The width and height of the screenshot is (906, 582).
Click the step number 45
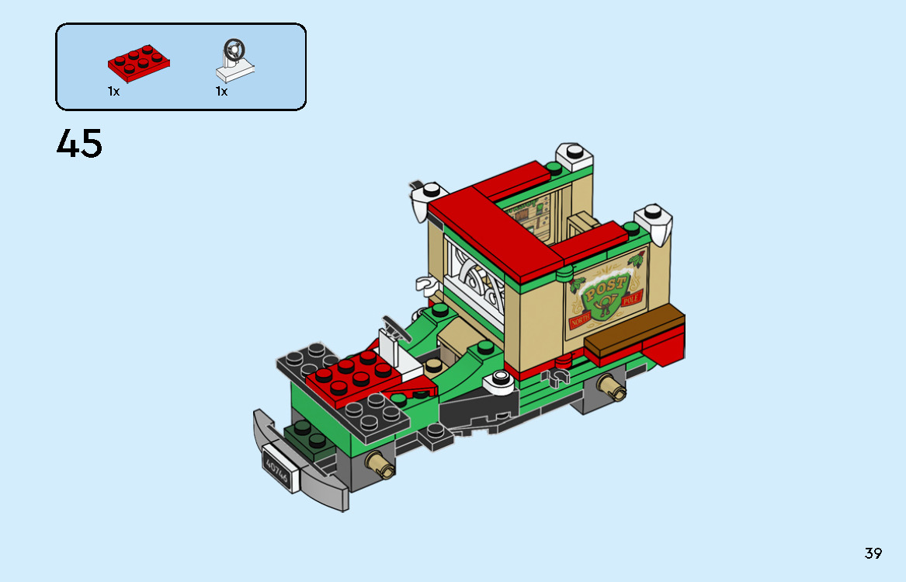pyautogui.click(x=79, y=144)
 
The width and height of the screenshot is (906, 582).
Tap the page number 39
pyautogui.click(x=873, y=553)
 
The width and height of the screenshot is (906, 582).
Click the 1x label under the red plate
pyautogui.click(x=114, y=92)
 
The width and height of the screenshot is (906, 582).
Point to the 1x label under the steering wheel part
pyautogui.click(x=222, y=92)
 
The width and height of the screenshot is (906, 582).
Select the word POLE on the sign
pyautogui.click(x=634, y=300)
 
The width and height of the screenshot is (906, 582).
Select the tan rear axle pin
pyautogui.click(x=611, y=386)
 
